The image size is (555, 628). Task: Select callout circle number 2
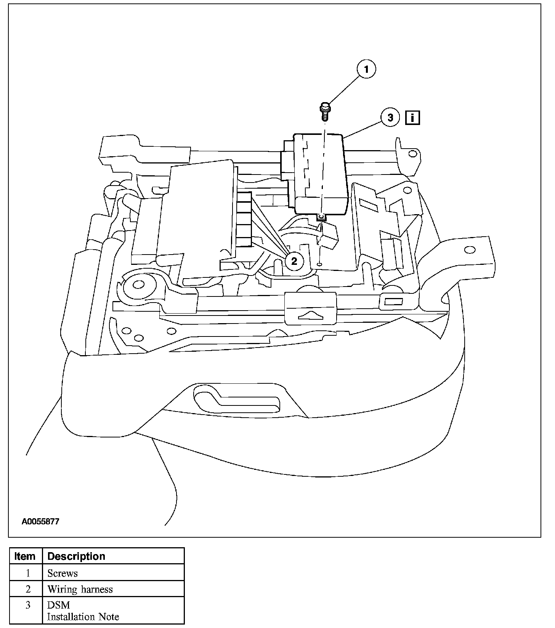tap(294, 261)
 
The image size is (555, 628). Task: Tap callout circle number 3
tap(390, 117)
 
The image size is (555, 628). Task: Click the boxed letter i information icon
tap(412, 117)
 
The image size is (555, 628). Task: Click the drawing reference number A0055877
tap(40, 521)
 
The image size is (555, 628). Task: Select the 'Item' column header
tap(25, 556)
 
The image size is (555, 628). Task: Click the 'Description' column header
tap(76, 556)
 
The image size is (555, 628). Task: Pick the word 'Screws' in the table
tap(63, 573)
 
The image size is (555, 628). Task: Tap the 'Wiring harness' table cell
tap(80, 590)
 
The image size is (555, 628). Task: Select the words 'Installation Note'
tap(83, 617)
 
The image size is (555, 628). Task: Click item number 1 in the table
tap(27, 573)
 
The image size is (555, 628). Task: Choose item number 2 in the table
tap(27, 590)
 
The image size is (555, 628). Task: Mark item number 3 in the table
tap(27, 605)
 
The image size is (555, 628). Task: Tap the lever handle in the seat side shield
tap(236, 399)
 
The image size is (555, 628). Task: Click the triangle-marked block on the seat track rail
tap(311, 308)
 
